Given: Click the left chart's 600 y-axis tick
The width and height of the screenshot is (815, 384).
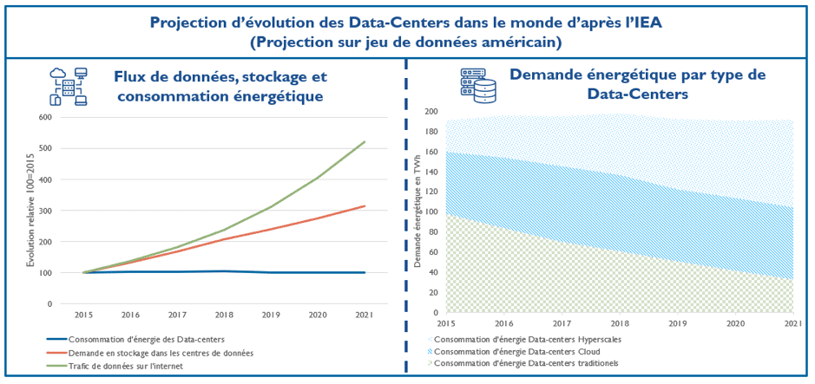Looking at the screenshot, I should tap(44, 117).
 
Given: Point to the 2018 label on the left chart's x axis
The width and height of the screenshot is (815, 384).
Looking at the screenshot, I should tap(223, 316).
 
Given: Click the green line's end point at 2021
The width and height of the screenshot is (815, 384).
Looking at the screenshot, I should tap(365, 141).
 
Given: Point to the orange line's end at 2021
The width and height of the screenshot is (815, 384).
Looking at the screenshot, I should tap(365, 206).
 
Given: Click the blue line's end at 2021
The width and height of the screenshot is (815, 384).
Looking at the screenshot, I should tap(365, 272).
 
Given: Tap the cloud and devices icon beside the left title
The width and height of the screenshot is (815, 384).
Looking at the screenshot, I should tap(69, 85).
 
